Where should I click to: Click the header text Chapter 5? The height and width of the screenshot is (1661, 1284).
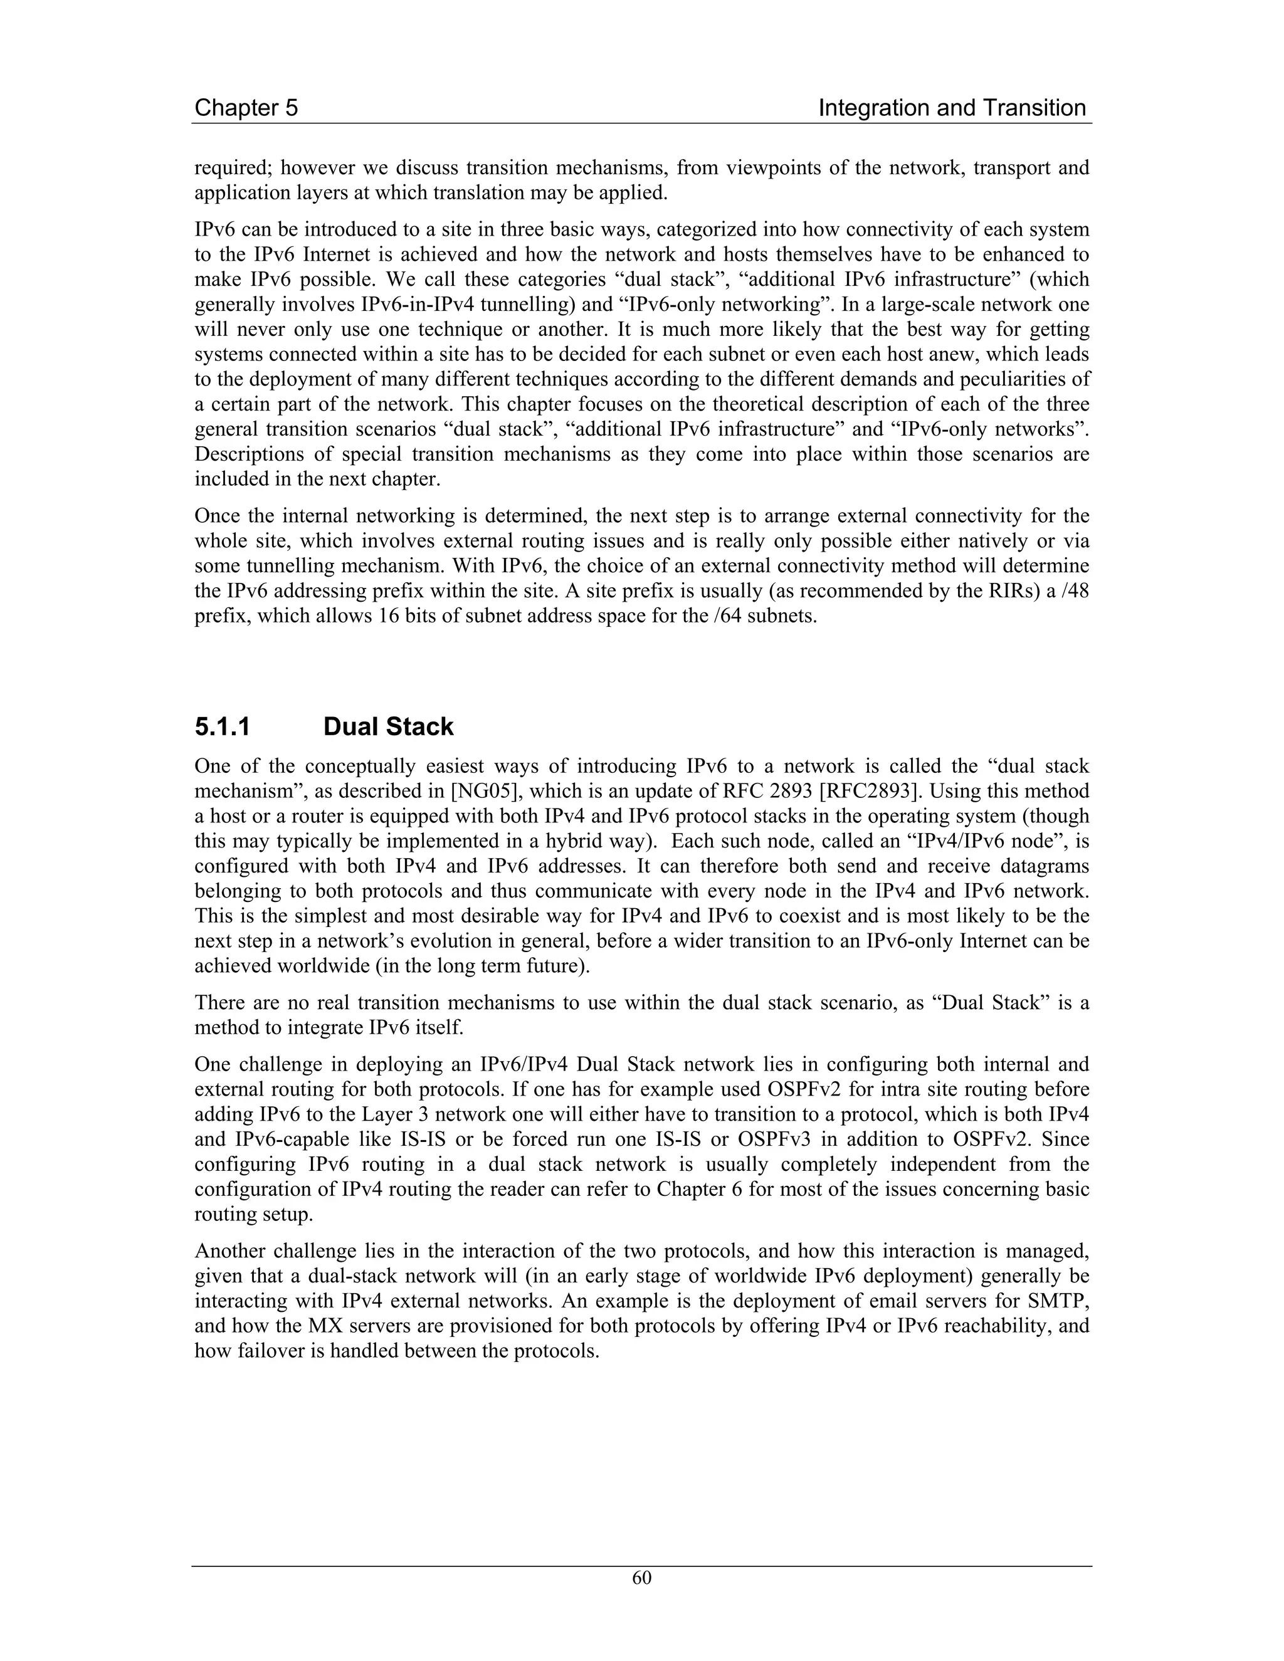click(x=246, y=108)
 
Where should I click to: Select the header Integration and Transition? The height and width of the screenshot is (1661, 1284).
click(x=952, y=108)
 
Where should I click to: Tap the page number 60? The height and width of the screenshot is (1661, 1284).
click(x=641, y=1578)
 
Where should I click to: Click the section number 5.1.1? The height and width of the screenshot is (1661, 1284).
click(x=222, y=727)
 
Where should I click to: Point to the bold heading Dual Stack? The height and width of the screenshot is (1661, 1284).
click(x=388, y=727)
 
